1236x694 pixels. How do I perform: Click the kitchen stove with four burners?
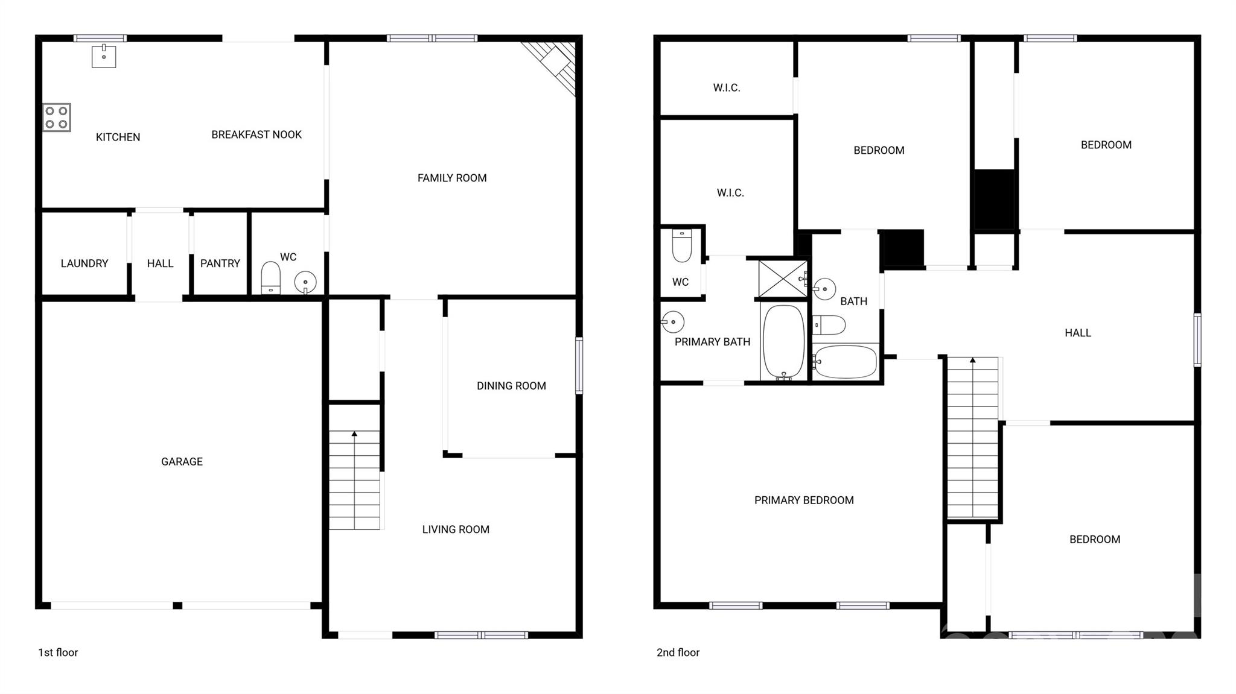click(x=57, y=118)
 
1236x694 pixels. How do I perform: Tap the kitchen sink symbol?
click(x=104, y=56)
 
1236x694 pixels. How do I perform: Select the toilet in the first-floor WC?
click(x=270, y=278)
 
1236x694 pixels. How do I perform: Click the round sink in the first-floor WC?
click(x=305, y=282)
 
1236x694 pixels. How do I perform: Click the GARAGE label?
click(x=182, y=462)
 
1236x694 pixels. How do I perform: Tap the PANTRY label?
click(x=220, y=263)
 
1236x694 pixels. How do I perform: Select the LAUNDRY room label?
click(x=84, y=263)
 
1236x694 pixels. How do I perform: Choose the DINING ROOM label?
click(x=511, y=386)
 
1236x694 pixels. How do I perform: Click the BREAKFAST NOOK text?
click(x=256, y=134)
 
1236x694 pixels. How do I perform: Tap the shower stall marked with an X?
click(x=783, y=279)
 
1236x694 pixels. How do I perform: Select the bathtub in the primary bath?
click(x=784, y=341)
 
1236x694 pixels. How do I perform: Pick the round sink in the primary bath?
click(x=672, y=322)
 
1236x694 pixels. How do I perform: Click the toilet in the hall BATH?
click(x=829, y=325)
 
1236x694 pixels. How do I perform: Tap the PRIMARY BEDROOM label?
click(x=804, y=500)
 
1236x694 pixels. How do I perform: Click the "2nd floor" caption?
click(x=678, y=652)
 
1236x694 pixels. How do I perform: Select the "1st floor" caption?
click(x=58, y=652)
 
